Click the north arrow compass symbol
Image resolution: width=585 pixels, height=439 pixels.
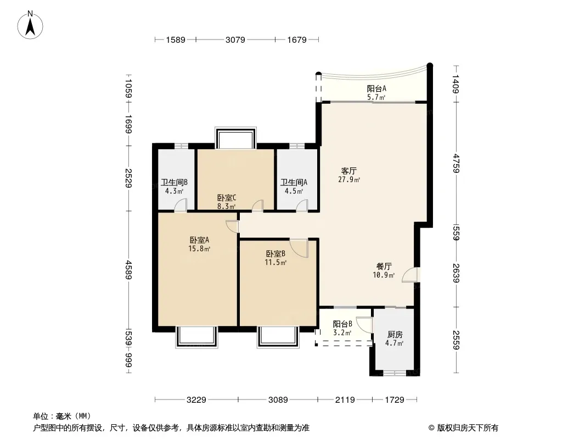[x=30, y=25]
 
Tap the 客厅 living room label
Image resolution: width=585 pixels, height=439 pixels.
[x=349, y=171]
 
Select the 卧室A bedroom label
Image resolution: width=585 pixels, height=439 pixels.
[x=199, y=240]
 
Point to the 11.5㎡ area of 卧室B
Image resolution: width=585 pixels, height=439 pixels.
[x=275, y=262]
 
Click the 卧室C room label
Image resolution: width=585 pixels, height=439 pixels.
[x=227, y=198]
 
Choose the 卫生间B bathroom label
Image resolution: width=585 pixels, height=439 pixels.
[x=174, y=182]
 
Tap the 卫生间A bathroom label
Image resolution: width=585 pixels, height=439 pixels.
[x=294, y=182]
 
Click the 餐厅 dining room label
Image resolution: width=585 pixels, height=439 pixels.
[x=384, y=267]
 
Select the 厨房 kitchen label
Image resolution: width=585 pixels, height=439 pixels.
[x=395, y=335]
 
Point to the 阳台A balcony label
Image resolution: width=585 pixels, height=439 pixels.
[x=376, y=89]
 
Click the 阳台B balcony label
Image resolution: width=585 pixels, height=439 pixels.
[x=342, y=324]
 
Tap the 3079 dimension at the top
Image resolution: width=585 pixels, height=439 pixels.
[x=235, y=40]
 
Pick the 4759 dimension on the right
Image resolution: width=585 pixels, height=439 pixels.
[x=455, y=164]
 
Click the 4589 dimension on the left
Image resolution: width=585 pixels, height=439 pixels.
[x=128, y=270]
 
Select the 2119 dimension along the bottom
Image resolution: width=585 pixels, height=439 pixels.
[x=345, y=400]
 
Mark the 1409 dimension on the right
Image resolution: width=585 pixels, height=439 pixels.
[x=455, y=84]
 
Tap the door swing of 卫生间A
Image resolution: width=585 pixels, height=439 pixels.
[x=302, y=206]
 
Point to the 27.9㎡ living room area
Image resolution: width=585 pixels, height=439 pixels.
[x=349, y=180]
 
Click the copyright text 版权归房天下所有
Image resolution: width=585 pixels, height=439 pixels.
[x=468, y=428]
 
